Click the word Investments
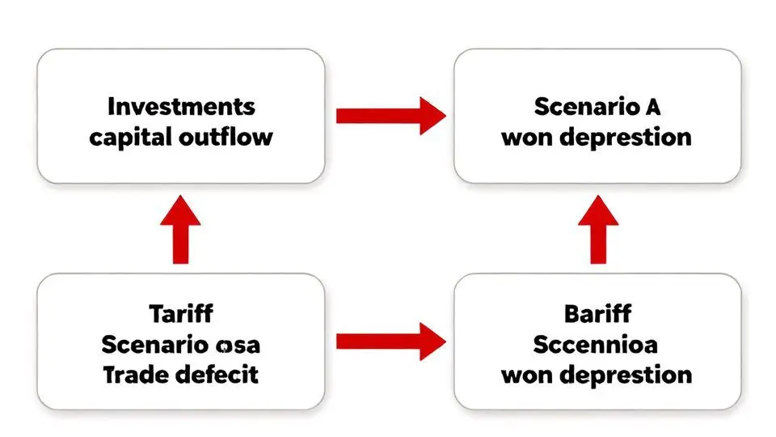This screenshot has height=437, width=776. click(181, 106)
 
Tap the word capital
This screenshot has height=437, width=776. click(129, 136)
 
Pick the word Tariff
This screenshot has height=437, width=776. click(181, 313)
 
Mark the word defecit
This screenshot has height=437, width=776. click(218, 374)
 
